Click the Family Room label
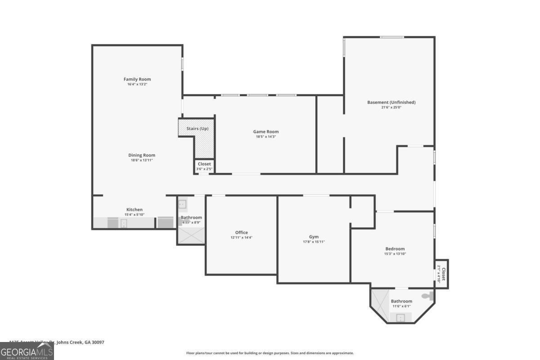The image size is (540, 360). coord(137,79)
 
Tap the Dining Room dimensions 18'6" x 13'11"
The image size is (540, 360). coord(142,160)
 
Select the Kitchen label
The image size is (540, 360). coord(134,209)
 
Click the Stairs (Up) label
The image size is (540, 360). coord(197,129)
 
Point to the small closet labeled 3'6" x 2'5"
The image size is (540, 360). coord(204,166)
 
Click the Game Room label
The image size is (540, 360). coord(265,131)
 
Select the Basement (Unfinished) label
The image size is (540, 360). coord(391,102)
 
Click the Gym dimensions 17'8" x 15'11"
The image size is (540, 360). coord(314,242)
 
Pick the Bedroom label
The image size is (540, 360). coord(395,248)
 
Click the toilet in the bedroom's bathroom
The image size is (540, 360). coord(428,296)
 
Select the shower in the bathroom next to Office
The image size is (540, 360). coord(191,236)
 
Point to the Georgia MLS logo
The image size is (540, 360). coord(27,351)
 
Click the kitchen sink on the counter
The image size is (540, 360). coord(123,223)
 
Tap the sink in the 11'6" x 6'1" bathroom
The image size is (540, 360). coord(400,318)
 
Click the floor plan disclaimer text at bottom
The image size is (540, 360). coord(270,353)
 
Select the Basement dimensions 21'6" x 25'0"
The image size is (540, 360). coord(391,108)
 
